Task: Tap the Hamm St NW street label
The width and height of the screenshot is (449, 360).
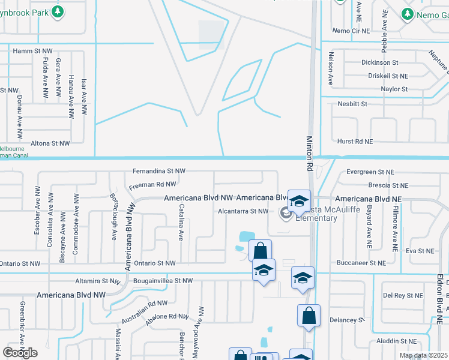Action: click(x=33, y=52)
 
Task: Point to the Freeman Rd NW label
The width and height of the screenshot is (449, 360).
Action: click(x=152, y=185)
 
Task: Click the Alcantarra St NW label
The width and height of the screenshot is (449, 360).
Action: click(x=243, y=211)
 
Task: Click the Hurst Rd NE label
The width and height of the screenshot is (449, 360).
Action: click(x=355, y=141)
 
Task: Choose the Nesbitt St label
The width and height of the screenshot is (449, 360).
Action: click(x=352, y=104)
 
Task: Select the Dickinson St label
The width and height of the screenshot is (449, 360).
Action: click(x=379, y=62)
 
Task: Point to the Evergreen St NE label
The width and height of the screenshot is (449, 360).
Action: click(x=370, y=172)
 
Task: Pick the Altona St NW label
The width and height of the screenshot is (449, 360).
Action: click(x=50, y=143)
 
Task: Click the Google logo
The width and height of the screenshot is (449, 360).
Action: click(x=20, y=353)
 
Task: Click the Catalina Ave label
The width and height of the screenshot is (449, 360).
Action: click(x=181, y=221)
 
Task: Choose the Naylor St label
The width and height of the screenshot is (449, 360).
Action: click(x=394, y=89)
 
